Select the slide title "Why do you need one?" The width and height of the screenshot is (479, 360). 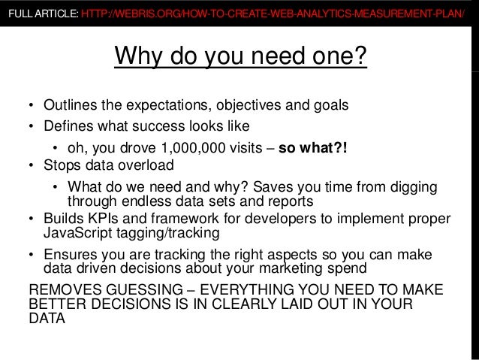pyautogui.click(x=239, y=56)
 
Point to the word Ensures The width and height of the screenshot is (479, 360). pyautogui.click(x=68, y=254)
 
